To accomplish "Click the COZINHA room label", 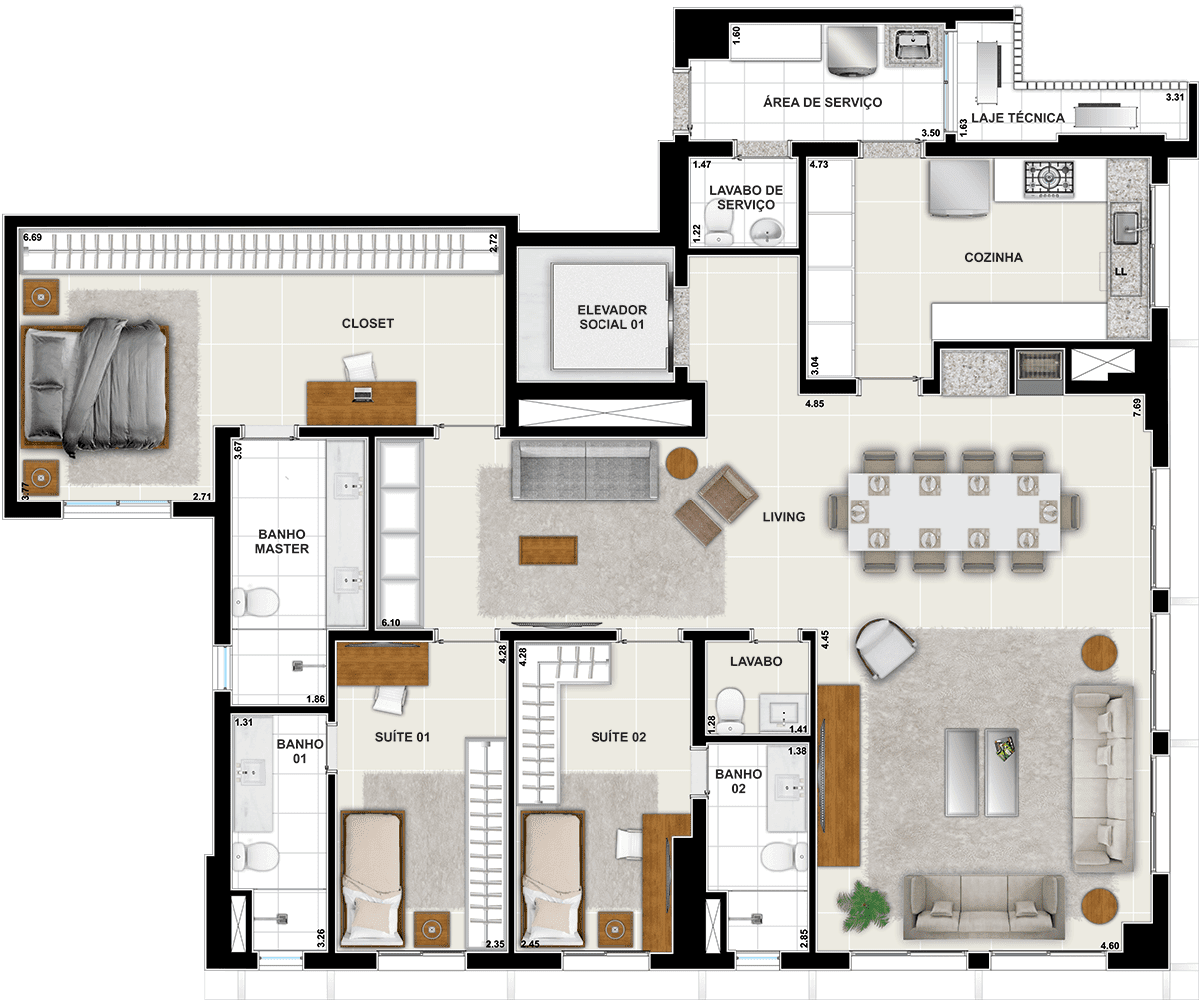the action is (x=993, y=257).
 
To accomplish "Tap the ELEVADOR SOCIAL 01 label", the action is (x=611, y=317).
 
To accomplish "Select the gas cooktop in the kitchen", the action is (x=1049, y=179).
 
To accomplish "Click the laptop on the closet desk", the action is (x=362, y=394).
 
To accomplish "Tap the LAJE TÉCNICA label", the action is (x=1018, y=118).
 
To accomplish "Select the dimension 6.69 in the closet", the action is (x=33, y=237).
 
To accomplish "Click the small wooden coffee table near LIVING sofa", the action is (x=548, y=551).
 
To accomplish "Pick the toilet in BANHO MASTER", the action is (x=256, y=602).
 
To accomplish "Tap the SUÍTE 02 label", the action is (x=618, y=737).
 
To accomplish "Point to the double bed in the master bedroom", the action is (x=95, y=386).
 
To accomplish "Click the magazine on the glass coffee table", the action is (x=1005, y=748).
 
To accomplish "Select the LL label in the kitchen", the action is (x=1120, y=272).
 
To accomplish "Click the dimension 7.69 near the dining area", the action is (x=1137, y=407).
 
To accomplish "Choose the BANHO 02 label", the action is (x=738, y=782).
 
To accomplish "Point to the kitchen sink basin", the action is (x=1127, y=228).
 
